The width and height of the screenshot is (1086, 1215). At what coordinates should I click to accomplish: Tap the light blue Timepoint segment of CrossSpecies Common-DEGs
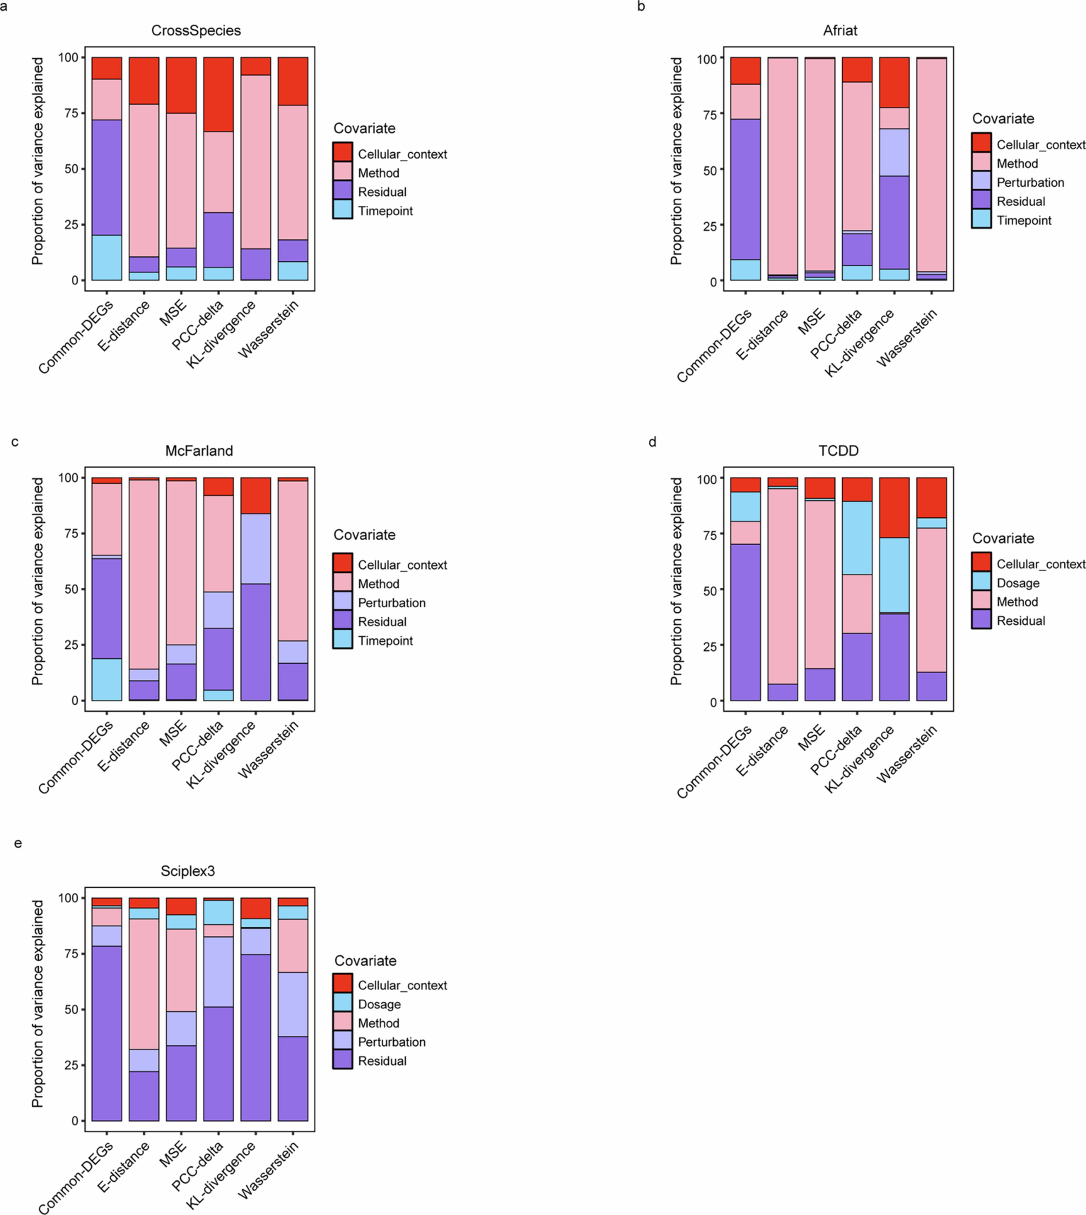pos(107,258)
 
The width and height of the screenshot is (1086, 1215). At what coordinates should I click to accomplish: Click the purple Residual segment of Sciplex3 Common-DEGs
pos(107,1033)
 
